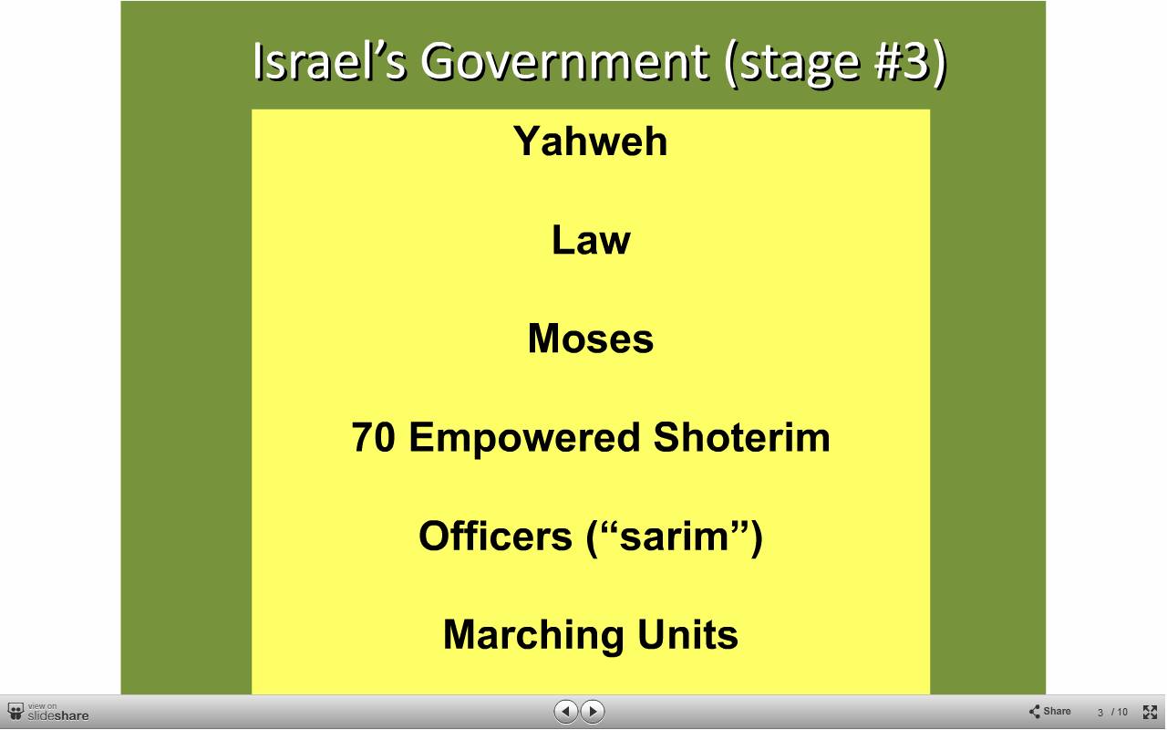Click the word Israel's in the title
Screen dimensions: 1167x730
329,61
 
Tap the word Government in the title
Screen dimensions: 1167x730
564,62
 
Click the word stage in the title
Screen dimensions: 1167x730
800,65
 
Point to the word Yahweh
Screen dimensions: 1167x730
590,141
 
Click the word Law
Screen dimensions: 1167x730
591,240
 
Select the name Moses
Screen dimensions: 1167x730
590,339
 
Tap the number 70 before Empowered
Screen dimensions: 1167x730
373,437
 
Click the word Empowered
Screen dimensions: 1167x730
524,439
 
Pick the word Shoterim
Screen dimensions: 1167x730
741,437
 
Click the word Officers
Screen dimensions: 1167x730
495,536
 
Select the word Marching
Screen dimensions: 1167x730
533,636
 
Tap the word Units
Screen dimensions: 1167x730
687,634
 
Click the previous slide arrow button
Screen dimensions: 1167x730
566,711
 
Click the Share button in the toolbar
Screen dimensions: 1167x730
1049,711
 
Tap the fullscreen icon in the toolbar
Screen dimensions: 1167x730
1150,712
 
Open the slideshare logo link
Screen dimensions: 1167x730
48,713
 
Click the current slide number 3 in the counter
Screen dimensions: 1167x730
1100,713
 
